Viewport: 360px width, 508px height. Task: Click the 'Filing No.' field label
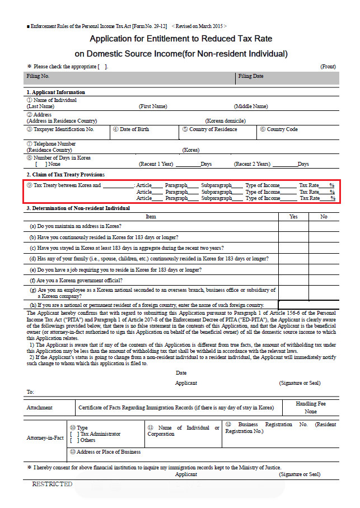point(38,76)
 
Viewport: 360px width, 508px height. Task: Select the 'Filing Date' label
point(250,76)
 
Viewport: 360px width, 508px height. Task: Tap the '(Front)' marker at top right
point(328,67)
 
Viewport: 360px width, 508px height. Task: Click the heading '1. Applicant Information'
point(56,92)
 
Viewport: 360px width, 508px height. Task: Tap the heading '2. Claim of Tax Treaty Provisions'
point(65,175)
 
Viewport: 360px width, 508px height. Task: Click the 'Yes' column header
point(293,216)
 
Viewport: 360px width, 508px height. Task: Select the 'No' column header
point(324,216)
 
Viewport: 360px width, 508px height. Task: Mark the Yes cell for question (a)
point(293,226)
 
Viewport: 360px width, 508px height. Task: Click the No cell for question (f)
point(324,280)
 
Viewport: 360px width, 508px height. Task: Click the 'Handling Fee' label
point(311,404)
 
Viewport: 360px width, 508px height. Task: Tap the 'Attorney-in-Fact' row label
point(45,437)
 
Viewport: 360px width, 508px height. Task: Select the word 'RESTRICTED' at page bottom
point(52,484)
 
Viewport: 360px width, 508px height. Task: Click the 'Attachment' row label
point(40,408)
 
